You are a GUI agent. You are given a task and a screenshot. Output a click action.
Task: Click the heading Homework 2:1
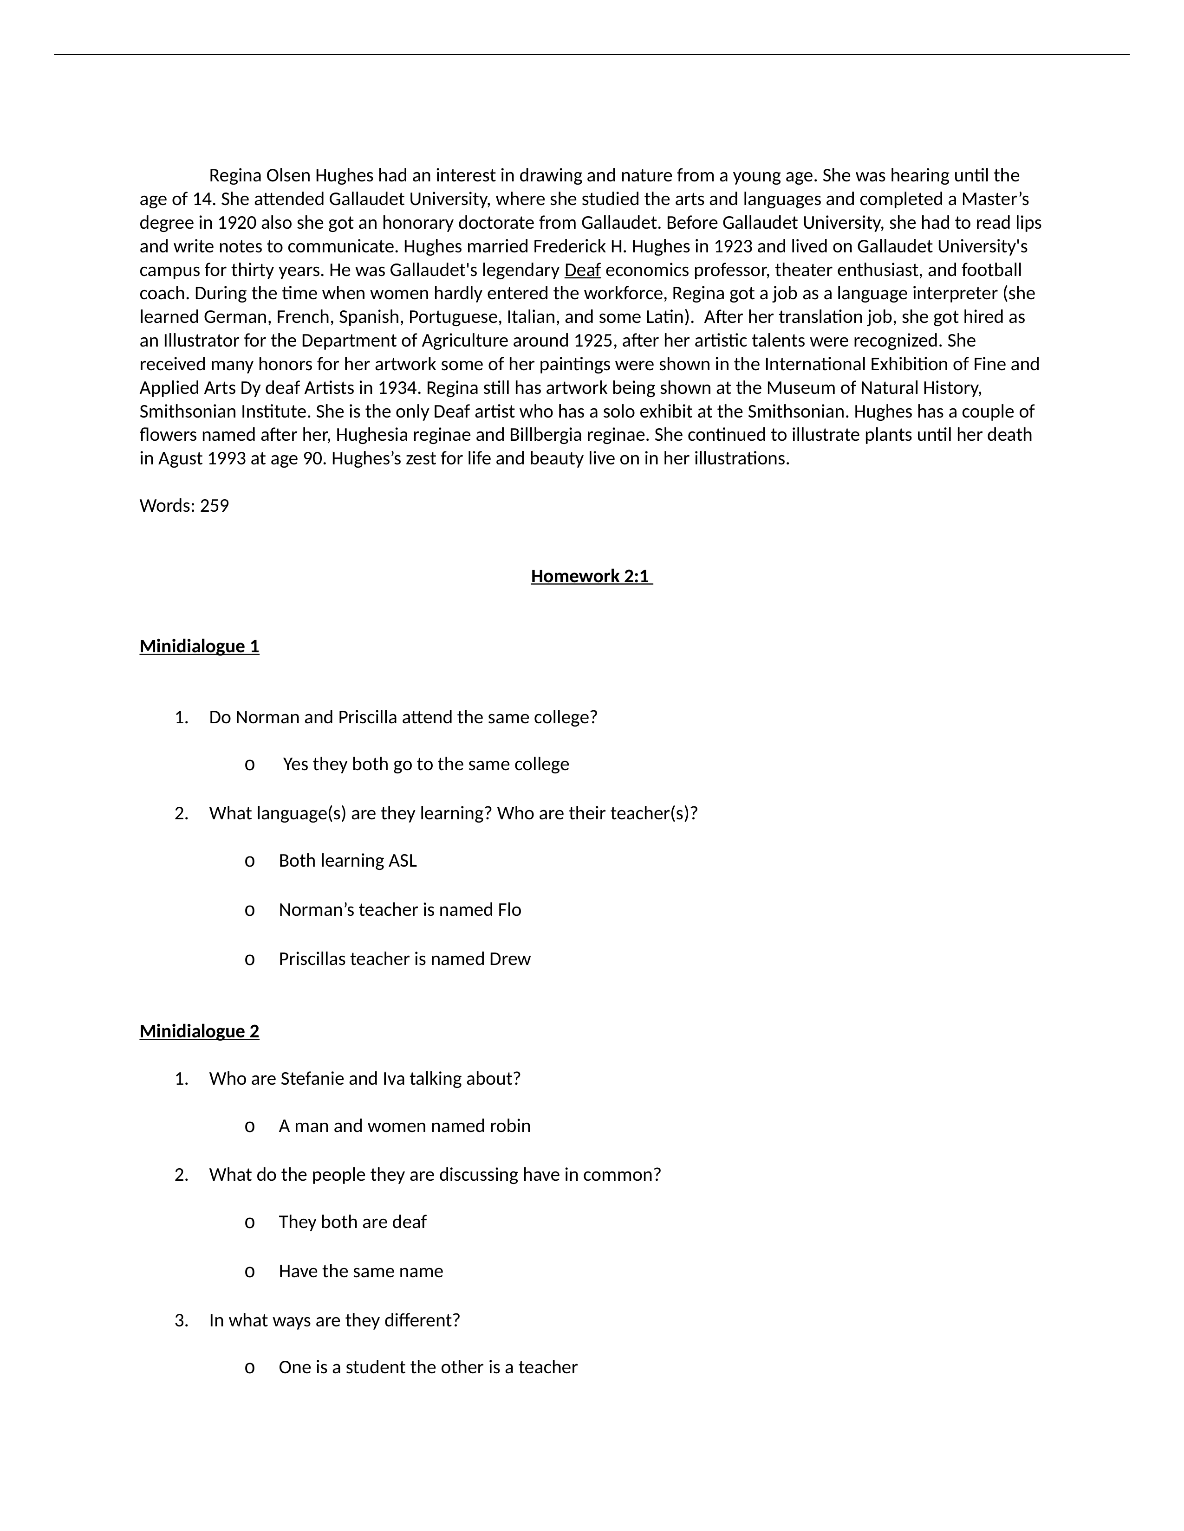coord(591,576)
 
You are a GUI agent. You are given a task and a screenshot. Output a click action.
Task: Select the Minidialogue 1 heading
coord(199,646)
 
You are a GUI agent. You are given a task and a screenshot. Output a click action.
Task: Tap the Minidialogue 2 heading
coord(199,1031)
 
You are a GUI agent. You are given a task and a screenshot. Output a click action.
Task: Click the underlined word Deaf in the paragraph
coord(582,270)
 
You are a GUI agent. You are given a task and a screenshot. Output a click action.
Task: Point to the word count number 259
coord(215,506)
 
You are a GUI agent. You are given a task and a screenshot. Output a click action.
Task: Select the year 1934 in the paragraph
coord(399,388)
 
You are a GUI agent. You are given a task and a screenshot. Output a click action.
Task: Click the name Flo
coord(509,910)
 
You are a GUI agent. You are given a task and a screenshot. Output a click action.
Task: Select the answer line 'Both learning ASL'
coord(347,861)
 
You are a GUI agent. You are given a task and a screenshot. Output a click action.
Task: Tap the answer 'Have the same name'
coord(360,1271)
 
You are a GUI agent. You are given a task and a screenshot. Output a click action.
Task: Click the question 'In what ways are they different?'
coord(334,1320)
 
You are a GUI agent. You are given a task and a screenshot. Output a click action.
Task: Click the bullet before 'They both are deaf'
coord(249,1222)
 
